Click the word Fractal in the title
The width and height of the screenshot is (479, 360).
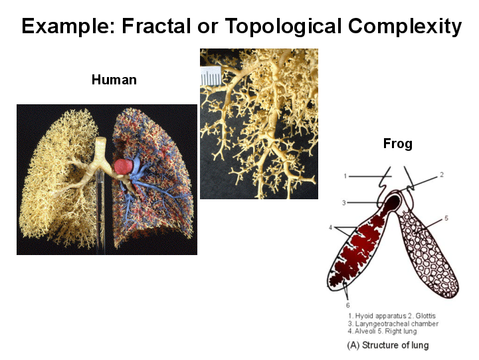(x=156, y=26)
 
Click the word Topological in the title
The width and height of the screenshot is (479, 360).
(x=283, y=27)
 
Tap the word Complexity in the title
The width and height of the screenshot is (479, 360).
(x=405, y=27)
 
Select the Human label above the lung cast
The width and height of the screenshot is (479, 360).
(x=114, y=80)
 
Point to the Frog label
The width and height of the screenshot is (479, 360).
(x=398, y=143)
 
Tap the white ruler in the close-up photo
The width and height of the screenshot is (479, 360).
(x=210, y=76)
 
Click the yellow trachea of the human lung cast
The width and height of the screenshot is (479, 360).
(x=100, y=149)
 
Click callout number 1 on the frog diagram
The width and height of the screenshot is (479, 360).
(x=345, y=176)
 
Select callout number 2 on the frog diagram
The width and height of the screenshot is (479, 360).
(x=441, y=175)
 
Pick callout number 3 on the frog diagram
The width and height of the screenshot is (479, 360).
(x=344, y=203)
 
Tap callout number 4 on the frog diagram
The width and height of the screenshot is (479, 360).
(x=331, y=227)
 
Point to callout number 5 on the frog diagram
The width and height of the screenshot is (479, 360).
(x=446, y=218)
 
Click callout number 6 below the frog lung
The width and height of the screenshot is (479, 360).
(x=347, y=305)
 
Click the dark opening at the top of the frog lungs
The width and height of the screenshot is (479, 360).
(x=393, y=202)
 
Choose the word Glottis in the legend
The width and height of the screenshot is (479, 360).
(x=426, y=315)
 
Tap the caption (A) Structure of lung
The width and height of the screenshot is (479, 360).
(x=388, y=345)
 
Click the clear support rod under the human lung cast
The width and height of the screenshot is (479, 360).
(x=100, y=211)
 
